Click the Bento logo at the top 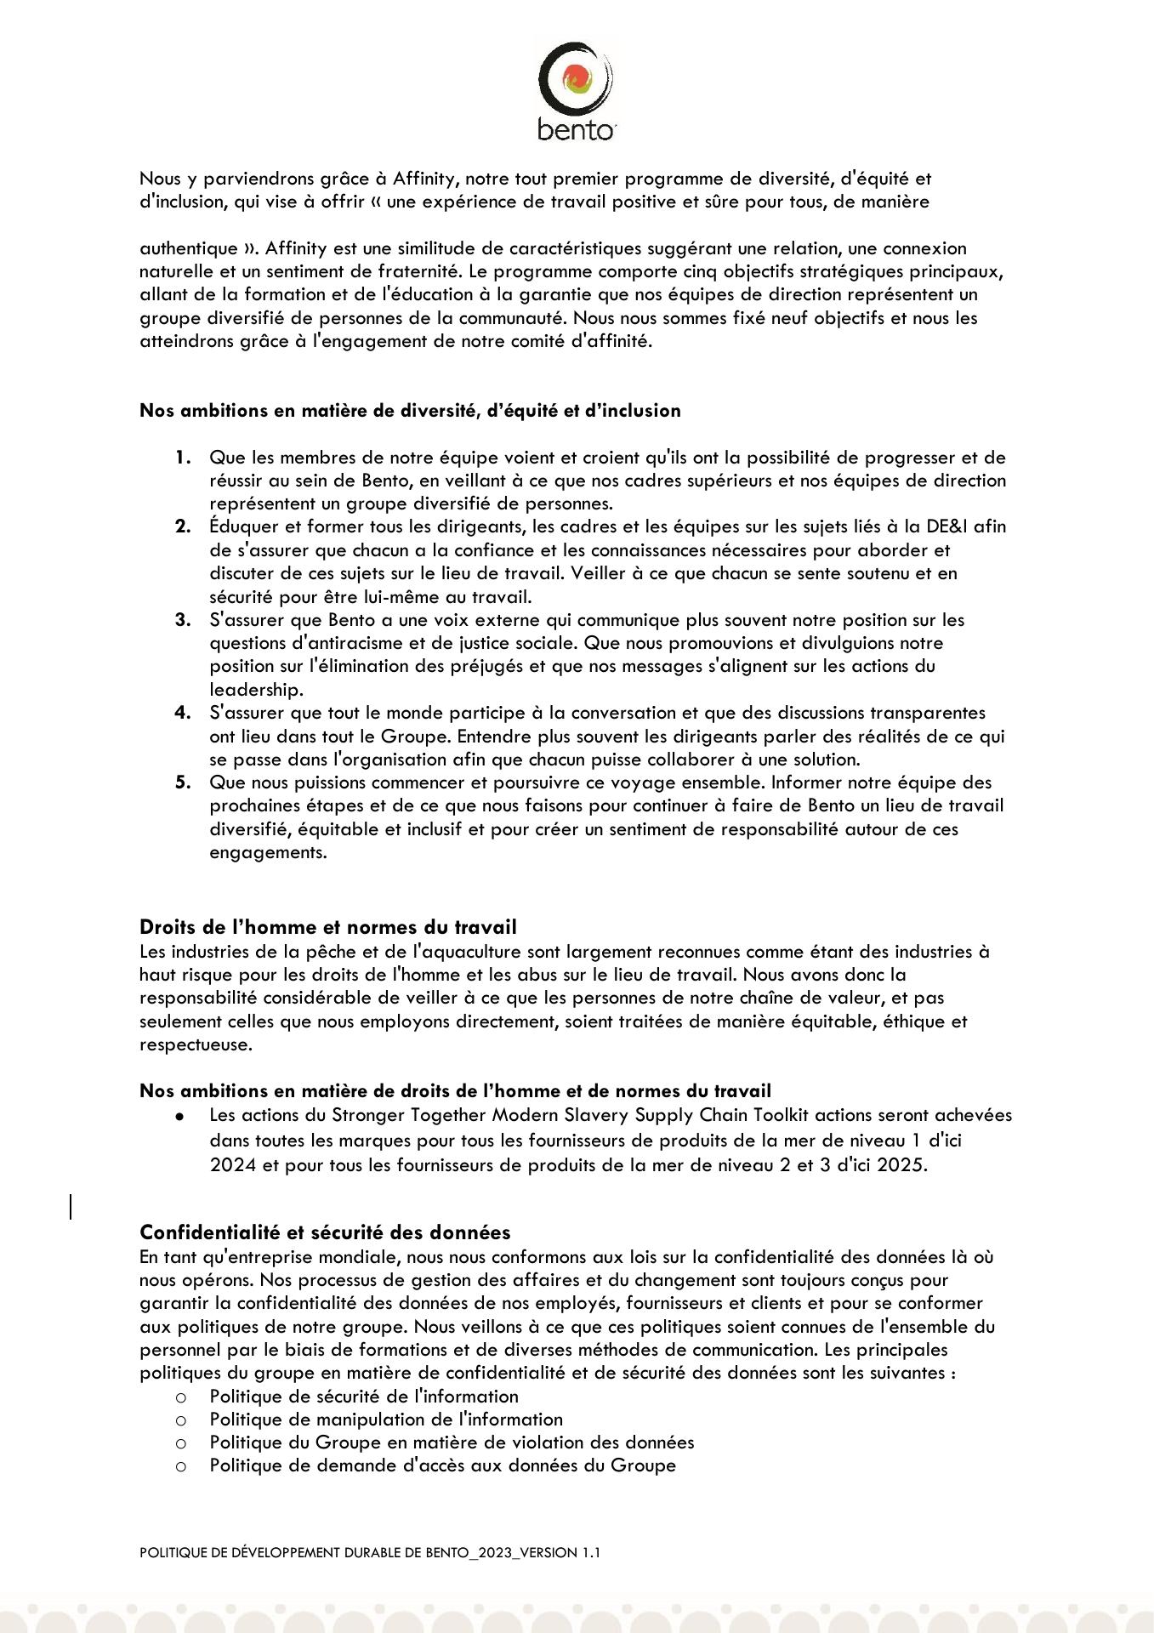pyautogui.click(x=576, y=92)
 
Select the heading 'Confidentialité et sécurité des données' pyautogui.click(x=325, y=1232)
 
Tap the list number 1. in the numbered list pyautogui.click(x=183, y=458)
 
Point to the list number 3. pyautogui.click(x=183, y=620)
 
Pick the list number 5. pyautogui.click(x=183, y=782)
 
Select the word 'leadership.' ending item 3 pyautogui.click(x=256, y=690)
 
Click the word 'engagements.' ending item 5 pyautogui.click(x=268, y=852)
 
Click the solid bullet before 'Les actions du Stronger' pyautogui.click(x=179, y=1116)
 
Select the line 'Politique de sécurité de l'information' pyautogui.click(x=364, y=1397)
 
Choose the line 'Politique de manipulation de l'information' pyautogui.click(x=386, y=1420)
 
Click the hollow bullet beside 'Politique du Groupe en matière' pyautogui.click(x=180, y=1443)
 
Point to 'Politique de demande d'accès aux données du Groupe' pyautogui.click(x=442, y=1465)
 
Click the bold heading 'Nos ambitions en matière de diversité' pyautogui.click(x=410, y=411)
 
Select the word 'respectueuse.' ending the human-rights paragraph pyautogui.click(x=196, y=1044)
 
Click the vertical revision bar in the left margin pyautogui.click(x=71, y=1207)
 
